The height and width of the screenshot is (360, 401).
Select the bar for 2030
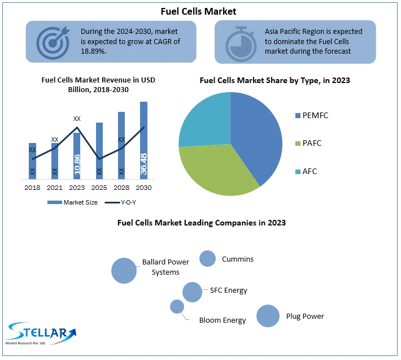point(143,140)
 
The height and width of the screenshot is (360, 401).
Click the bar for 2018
point(32,161)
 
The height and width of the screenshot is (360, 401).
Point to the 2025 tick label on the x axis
point(99,187)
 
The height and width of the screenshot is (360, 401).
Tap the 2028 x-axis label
point(121,187)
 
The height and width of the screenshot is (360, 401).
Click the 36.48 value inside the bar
point(143,163)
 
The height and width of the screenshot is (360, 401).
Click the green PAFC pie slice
point(217,170)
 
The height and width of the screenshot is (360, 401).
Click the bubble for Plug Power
point(268,316)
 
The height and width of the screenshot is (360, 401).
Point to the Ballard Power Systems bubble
point(124,270)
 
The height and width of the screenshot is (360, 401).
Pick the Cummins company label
point(237,259)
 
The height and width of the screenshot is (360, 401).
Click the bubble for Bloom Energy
point(177,306)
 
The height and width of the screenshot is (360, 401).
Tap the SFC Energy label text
point(228,290)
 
